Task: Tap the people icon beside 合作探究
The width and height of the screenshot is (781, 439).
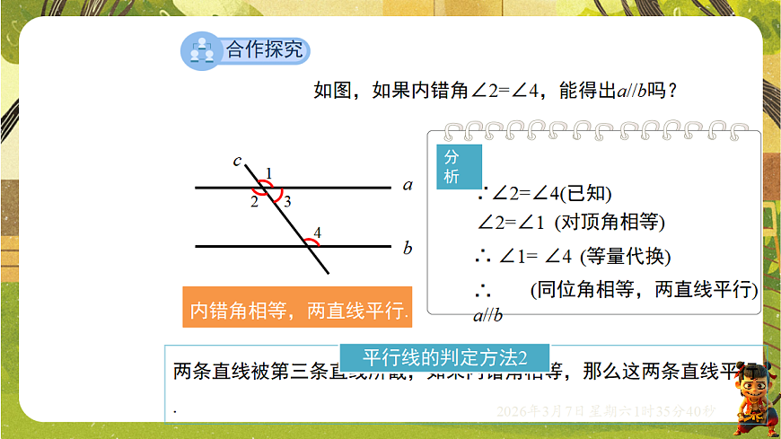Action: point(201,50)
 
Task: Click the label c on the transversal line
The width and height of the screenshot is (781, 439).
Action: point(237,161)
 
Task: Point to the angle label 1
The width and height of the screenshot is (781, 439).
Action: point(268,172)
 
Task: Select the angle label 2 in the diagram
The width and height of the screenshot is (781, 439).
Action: point(254,203)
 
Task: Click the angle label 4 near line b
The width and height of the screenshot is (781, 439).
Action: point(317,232)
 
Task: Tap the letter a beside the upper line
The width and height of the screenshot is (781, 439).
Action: point(408,186)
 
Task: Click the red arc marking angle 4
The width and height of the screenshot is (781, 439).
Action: point(309,241)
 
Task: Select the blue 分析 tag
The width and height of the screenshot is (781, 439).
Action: point(459,166)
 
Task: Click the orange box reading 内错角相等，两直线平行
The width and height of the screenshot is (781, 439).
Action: point(297,311)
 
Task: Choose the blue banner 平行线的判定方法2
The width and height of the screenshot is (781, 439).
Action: point(443,356)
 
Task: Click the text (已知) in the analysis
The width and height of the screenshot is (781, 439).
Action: point(587,193)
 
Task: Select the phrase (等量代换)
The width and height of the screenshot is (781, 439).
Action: point(626,256)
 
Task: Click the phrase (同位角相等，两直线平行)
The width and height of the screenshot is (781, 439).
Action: point(643,290)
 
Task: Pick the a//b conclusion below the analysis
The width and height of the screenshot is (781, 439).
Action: point(487,315)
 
